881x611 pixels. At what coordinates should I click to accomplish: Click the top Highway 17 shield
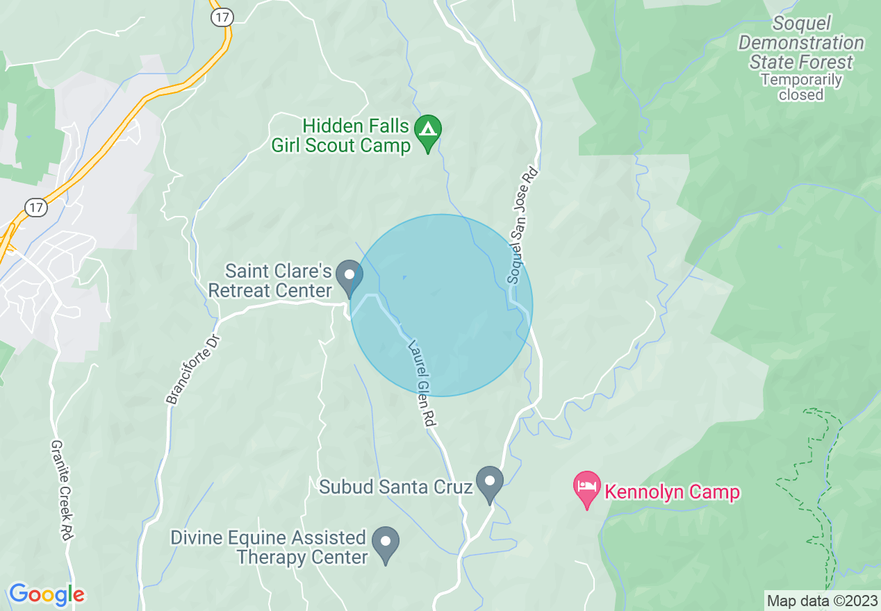(x=221, y=17)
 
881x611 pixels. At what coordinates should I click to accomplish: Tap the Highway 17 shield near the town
(x=36, y=206)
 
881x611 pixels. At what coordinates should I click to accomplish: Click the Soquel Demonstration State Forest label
(x=801, y=43)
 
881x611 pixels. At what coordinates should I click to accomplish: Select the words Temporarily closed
(x=801, y=87)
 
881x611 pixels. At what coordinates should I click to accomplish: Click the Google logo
(x=47, y=594)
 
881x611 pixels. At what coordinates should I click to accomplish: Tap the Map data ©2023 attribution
(x=822, y=601)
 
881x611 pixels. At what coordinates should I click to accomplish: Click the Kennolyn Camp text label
(x=672, y=493)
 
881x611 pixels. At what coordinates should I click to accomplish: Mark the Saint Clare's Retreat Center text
(x=270, y=281)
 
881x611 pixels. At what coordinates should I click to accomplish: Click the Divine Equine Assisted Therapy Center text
(x=269, y=547)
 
